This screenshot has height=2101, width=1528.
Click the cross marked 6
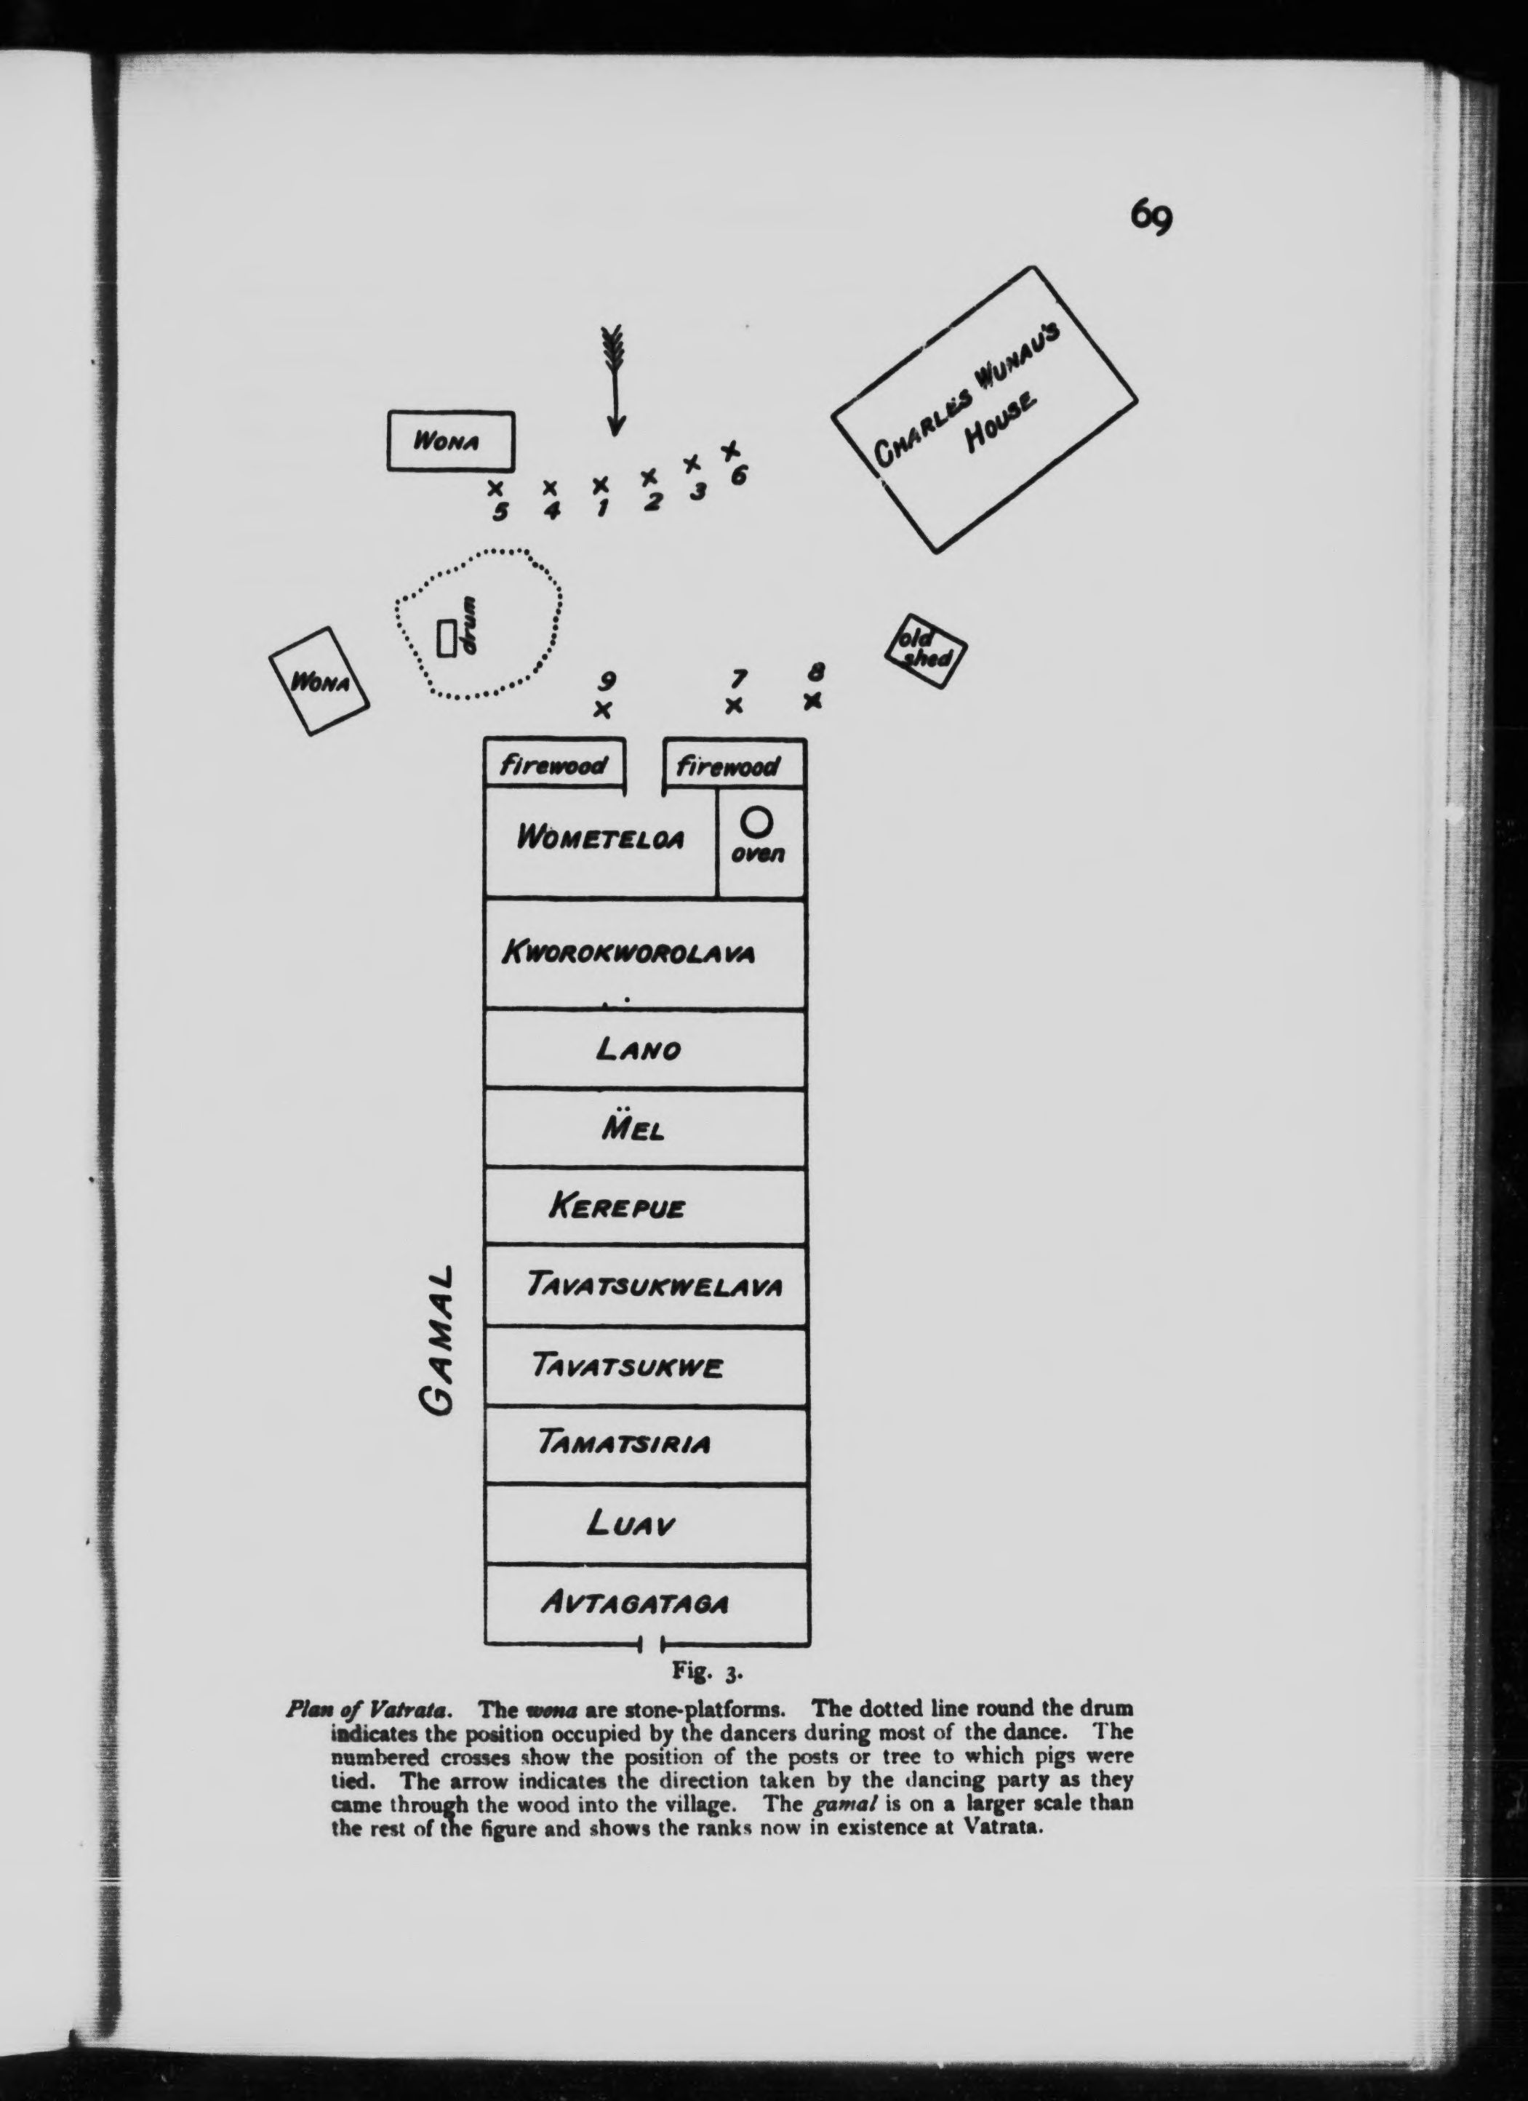[x=730, y=450]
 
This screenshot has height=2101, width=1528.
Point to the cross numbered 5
[x=496, y=487]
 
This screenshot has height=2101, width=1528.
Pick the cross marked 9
[x=603, y=710]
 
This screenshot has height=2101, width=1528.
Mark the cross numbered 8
[x=812, y=700]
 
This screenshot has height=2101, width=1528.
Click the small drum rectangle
[x=447, y=639]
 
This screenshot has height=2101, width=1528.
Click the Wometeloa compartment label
[x=601, y=839]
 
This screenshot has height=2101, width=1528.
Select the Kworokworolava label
[x=628, y=953]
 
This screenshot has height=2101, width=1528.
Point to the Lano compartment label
[x=639, y=1049]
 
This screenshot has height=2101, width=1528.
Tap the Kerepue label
[x=617, y=1207]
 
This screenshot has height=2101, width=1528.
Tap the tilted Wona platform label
[x=319, y=683]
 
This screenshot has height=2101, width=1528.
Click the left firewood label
[x=553, y=765]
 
